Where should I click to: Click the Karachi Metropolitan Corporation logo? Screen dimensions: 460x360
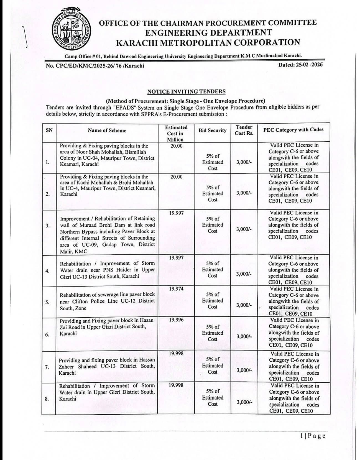(72, 30)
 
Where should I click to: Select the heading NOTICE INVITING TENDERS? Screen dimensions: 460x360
(186, 92)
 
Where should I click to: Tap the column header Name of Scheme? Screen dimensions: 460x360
(107, 131)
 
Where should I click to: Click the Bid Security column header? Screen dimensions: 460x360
(212, 131)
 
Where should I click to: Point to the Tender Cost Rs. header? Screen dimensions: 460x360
(244, 130)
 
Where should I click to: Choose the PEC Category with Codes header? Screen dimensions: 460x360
(293, 130)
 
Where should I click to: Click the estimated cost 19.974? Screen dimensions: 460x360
(176, 289)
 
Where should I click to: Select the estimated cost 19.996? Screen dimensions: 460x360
(176, 320)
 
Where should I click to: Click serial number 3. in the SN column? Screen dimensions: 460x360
(48, 226)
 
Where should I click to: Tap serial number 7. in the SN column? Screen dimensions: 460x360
(47, 367)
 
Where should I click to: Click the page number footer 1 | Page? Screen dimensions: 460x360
(313, 436)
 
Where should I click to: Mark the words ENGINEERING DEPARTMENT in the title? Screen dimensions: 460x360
(208, 33)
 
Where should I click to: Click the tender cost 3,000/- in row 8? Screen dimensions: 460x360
(244, 402)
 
